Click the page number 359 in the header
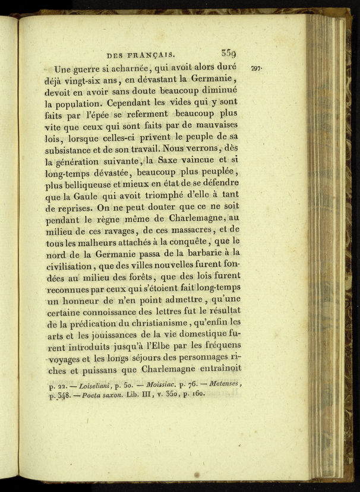pos(229,52)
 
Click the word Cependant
pos(129,105)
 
